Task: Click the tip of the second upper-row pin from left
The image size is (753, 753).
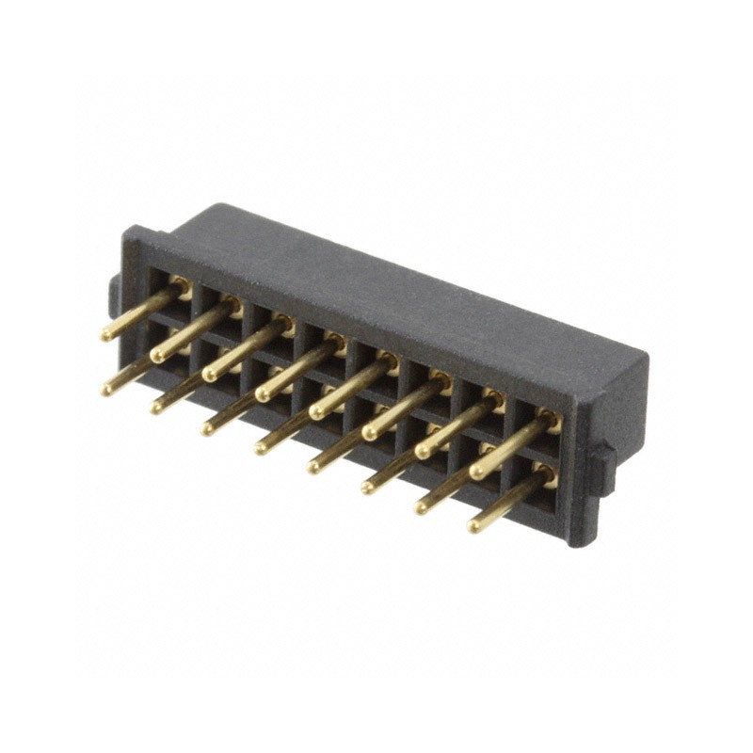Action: point(156,356)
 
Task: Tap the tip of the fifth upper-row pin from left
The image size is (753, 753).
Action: point(315,412)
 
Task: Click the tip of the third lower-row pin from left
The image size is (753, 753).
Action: point(208,428)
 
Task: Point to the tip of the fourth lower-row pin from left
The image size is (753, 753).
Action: point(261,448)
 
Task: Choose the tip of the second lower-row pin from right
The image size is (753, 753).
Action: point(421,507)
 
